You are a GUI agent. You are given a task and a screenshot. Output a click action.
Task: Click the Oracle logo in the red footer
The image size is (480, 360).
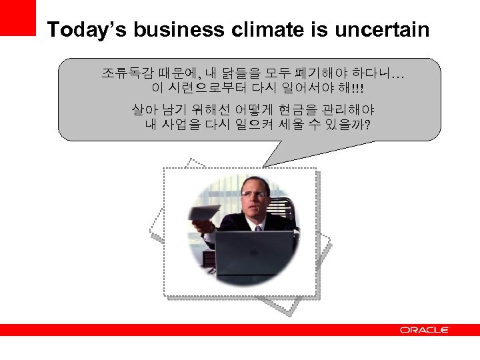click(x=425, y=330)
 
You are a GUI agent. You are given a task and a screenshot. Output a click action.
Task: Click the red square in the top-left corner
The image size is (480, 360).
click(x=17, y=17)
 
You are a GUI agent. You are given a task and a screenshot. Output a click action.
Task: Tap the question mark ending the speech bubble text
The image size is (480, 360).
click(x=368, y=125)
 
